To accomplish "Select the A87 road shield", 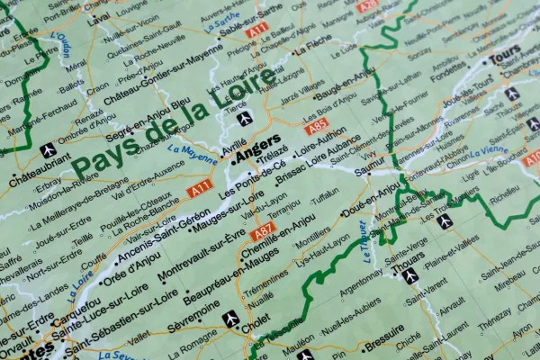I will tap(264, 233).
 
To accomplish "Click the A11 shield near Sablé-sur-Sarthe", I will tap(256, 31).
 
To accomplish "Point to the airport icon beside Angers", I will tap(245, 119).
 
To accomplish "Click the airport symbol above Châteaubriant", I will tap(48, 148).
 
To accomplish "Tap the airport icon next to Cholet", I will tap(230, 318).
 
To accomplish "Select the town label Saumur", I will tap(369, 166).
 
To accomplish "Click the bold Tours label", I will tap(506, 55).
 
